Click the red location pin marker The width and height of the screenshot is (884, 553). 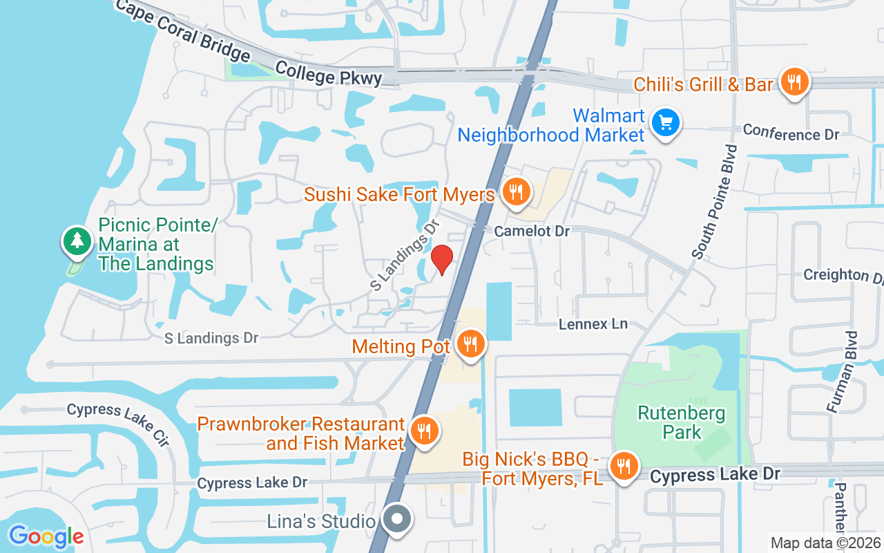point(442,259)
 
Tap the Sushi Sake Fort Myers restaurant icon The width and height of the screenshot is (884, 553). point(515,191)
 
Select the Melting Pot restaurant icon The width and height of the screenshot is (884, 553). point(471,344)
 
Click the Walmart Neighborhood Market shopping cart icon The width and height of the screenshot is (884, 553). point(666,123)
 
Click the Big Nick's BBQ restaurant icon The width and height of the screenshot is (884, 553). point(624,466)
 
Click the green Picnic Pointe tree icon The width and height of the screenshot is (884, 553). point(77,241)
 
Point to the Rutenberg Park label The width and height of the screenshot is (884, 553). point(681,423)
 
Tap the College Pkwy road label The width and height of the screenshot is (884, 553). point(328,73)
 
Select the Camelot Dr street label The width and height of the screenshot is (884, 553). point(532,232)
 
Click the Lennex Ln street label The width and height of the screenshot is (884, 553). point(593,324)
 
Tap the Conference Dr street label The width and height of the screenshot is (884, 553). point(791,133)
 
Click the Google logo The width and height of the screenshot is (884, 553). point(46,536)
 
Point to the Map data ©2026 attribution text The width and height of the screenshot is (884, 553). point(826,543)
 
